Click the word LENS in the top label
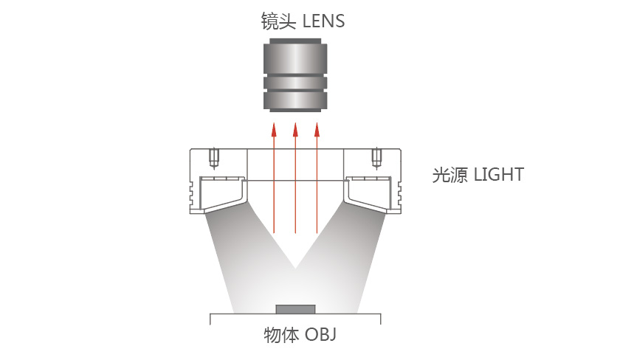pyautogui.click(x=323, y=21)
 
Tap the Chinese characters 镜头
pyautogui.click(x=278, y=21)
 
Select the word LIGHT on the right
pyautogui.click(x=499, y=175)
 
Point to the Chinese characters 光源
pyautogui.click(x=450, y=175)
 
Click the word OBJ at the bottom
pyautogui.click(x=320, y=334)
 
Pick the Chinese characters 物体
pyautogui.click(x=281, y=335)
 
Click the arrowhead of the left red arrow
pyautogui.click(x=274, y=130)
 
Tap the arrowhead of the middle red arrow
pyautogui.click(x=295, y=130)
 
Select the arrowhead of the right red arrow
pyautogui.click(x=317, y=130)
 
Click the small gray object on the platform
pyautogui.click(x=296, y=309)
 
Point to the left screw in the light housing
pyautogui.click(x=214, y=158)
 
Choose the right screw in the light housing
pyautogui.click(x=377, y=158)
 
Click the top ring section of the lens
pyautogui.click(x=295, y=58)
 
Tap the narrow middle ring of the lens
pyautogui.click(x=295, y=83)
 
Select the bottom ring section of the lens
pyautogui.click(x=295, y=101)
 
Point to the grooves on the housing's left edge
pyautogui.click(x=193, y=194)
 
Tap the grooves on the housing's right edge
pyautogui.click(x=398, y=194)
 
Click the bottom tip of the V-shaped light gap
pyautogui.click(x=295, y=269)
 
